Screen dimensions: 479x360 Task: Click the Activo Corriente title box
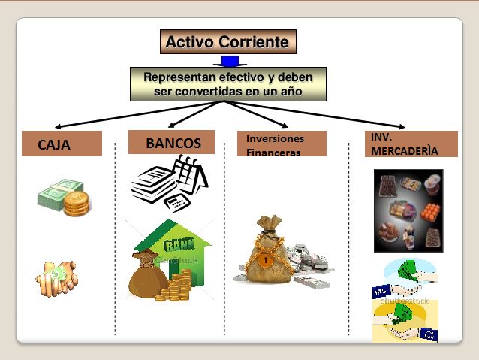[228, 41]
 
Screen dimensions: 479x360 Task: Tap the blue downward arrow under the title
[230, 61]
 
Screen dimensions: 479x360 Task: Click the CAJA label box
[62, 144]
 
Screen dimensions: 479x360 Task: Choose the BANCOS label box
[171, 142]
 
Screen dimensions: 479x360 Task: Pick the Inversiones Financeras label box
[282, 144]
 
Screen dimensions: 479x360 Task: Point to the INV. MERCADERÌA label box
[411, 144]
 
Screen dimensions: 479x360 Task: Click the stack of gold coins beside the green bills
[77, 204]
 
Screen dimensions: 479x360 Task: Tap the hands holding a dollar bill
[57, 278]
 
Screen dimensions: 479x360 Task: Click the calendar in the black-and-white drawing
[190, 174]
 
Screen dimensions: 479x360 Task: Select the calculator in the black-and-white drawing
[177, 203]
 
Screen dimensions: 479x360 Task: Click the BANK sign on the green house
[179, 244]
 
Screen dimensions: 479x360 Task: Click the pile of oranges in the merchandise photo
[430, 212]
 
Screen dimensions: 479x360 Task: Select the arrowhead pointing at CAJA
[58, 126]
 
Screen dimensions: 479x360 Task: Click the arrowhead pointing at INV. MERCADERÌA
[402, 126]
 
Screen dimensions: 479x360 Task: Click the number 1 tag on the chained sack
[266, 261]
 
